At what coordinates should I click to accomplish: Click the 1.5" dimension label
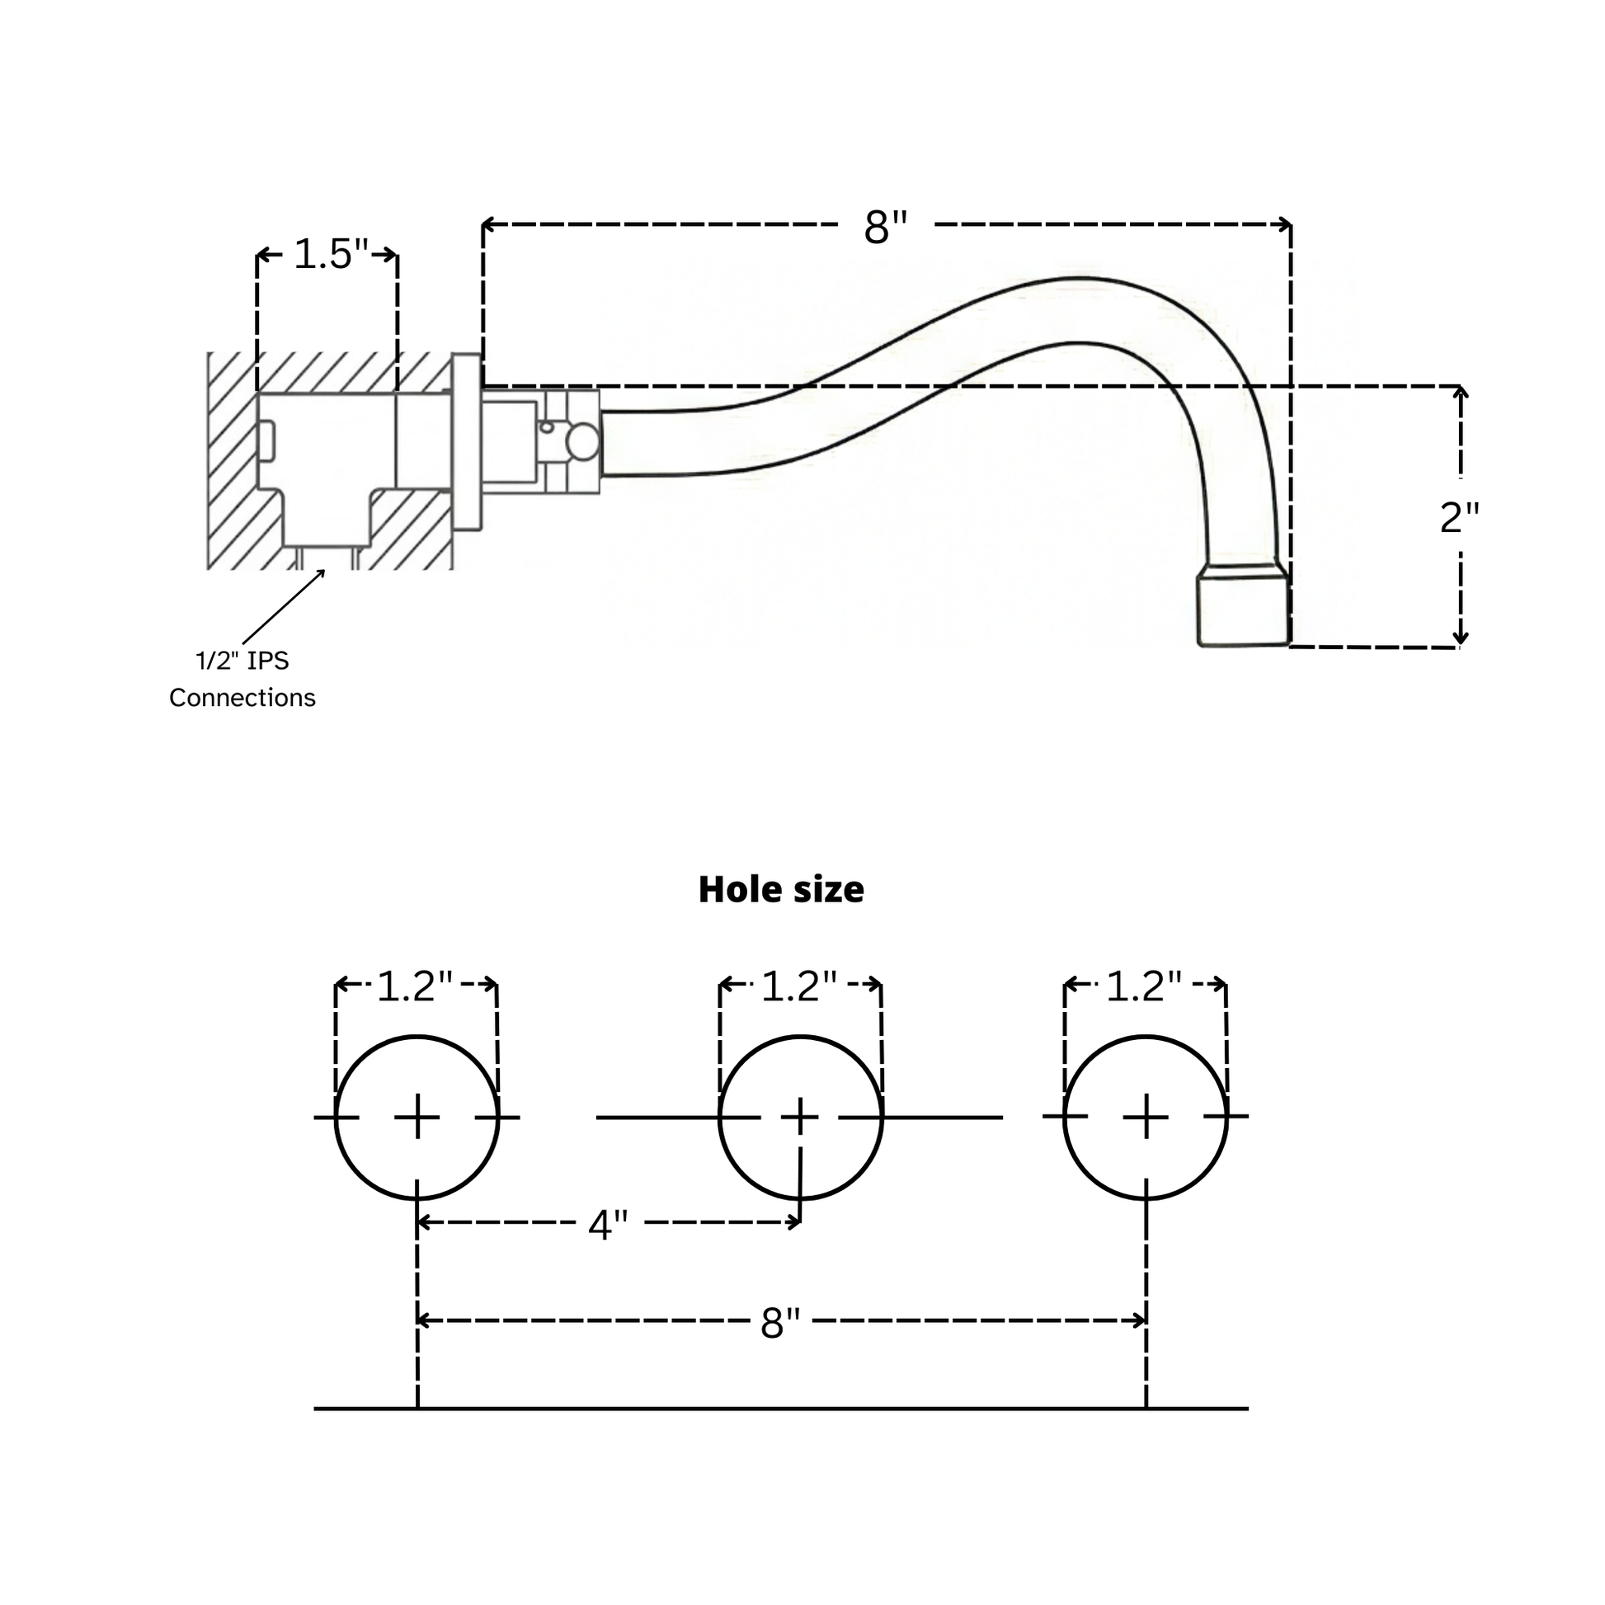pyautogui.click(x=330, y=254)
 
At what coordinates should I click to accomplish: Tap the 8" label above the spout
pyautogui.click(x=886, y=226)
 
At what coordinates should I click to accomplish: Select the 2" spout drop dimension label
pyautogui.click(x=1459, y=518)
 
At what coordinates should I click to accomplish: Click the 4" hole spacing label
pyautogui.click(x=607, y=1225)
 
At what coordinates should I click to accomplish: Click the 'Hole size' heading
pyautogui.click(x=781, y=890)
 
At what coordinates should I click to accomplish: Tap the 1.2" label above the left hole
pyautogui.click(x=415, y=986)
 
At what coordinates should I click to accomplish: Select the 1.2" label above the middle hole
pyautogui.click(x=798, y=986)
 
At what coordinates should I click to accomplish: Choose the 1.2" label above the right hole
pyautogui.click(x=1144, y=986)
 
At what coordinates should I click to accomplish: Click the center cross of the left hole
pyautogui.click(x=417, y=1118)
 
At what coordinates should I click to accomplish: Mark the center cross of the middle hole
pyautogui.click(x=800, y=1118)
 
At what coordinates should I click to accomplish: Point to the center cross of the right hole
pyautogui.click(x=1146, y=1118)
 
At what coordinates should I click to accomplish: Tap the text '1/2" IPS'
pyautogui.click(x=242, y=661)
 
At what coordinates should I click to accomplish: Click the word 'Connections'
pyautogui.click(x=242, y=698)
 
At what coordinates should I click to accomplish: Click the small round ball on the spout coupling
pyautogui.click(x=583, y=442)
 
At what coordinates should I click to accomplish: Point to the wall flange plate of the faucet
pyautogui.click(x=466, y=441)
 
